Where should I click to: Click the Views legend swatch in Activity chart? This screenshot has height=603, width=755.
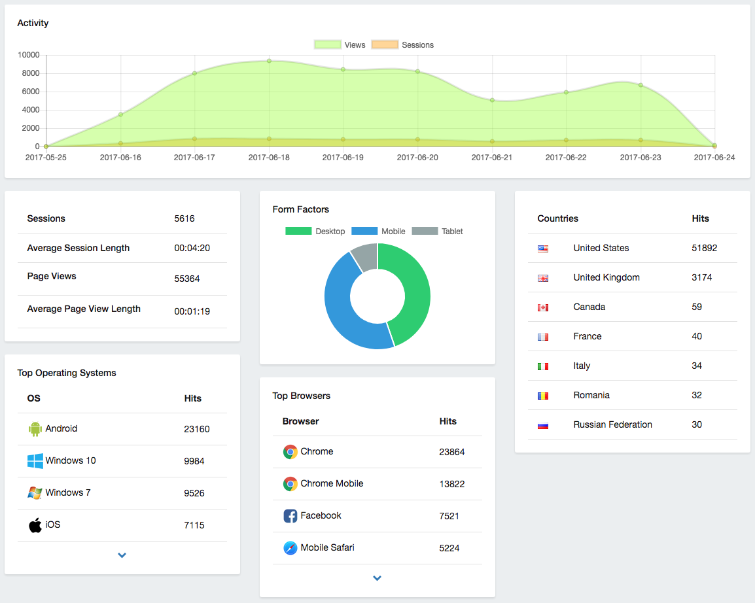[x=327, y=44]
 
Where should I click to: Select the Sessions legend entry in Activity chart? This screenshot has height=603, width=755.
[x=402, y=44]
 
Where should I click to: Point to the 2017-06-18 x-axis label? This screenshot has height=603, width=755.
[x=269, y=158]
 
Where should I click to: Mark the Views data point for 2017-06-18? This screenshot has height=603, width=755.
[x=269, y=61]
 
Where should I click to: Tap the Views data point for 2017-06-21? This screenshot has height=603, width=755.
[x=492, y=100]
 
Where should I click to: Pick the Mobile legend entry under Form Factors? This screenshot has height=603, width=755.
[x=378, y=232]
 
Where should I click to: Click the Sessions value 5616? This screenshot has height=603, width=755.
[x=184, y=218]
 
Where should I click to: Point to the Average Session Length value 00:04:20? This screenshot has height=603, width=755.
[x=192, y=248]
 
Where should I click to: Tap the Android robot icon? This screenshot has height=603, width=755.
[x=35, y=429]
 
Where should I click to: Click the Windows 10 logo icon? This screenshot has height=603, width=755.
[x=35, y=460]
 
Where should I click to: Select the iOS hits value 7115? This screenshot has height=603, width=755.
[x=194, y=525]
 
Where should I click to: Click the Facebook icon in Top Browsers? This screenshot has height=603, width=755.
[x=290, y=516]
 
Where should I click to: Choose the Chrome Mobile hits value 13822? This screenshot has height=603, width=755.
[x=452, y=484]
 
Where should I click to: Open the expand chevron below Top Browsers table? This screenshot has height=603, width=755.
[x=377, y=578]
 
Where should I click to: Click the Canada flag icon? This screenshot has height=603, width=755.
[x=543, y=307]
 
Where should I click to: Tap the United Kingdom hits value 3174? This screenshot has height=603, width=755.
[x=702, y=277]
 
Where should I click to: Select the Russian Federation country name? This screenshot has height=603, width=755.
[x=612, y=424]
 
